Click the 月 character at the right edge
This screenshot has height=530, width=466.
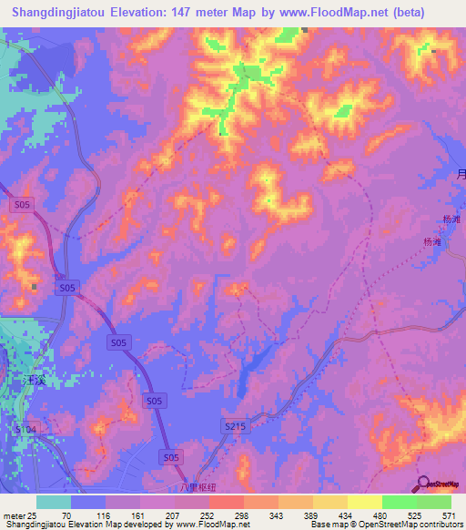click(461, 176)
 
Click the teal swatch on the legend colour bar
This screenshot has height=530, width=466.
click(54, 502)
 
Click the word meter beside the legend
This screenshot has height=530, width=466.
click(14, 516)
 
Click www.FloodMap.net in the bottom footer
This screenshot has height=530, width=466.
click(214, 525)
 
